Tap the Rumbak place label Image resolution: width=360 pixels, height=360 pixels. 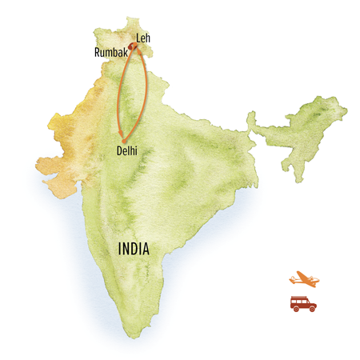pos(110,53)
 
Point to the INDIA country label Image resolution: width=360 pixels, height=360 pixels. pos(134,249)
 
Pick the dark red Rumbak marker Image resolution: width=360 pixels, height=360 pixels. pos(131,48)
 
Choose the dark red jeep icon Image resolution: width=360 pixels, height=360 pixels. pos(302,303)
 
